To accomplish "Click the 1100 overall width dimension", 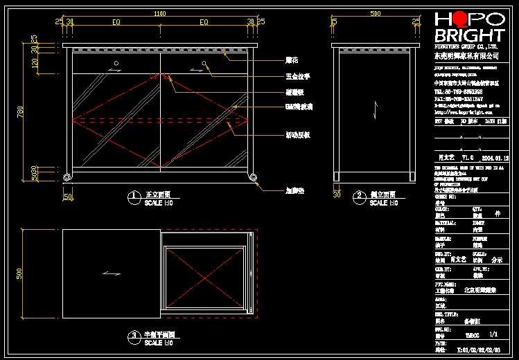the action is pyautogui.click(x=160, y=14).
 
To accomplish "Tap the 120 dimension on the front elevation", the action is pyautogui.click(x=35, y=62).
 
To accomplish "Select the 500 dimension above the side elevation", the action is pyautogui.click(x=375, y=14).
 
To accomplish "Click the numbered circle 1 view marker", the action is pyautogui.click(x=132, y=197).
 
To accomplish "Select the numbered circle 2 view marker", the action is pyautogui.click(x=359, y=197).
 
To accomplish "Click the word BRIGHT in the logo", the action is pyautogui.click(x=469, y=35).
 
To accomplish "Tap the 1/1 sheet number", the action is pyautogui.click(x=493, y=334).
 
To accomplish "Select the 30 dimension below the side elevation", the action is pyautogui.click(x=337, y=195).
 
